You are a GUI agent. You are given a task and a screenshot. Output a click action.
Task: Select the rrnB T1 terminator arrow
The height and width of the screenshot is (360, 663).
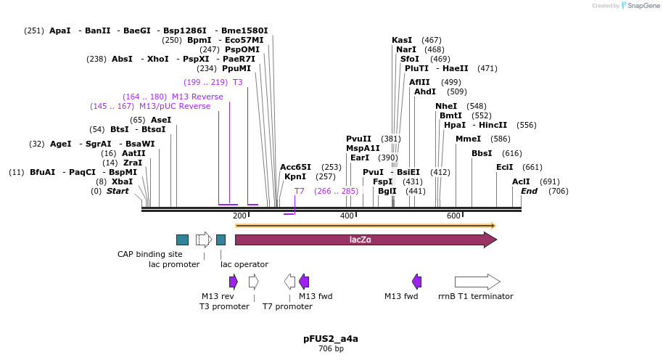click(x=477, y=282)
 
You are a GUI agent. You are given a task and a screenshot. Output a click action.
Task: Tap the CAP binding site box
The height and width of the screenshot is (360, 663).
click(x=182, y=240)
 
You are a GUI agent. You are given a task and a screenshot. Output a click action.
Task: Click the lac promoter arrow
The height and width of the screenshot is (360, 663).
click(x=204, y=240)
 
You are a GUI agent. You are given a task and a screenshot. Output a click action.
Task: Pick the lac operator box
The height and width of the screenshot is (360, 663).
click(x=221, y=240)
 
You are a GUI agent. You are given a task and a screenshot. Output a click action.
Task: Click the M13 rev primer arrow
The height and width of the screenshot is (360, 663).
click(x=234, y=282)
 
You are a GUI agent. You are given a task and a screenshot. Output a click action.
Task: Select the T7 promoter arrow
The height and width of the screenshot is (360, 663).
click(x=289, y=282)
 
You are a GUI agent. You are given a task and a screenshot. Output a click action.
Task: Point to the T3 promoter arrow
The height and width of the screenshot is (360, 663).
click(x=253, y=282)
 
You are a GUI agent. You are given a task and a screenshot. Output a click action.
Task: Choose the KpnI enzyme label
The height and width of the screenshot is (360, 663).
click(x=295, y=176)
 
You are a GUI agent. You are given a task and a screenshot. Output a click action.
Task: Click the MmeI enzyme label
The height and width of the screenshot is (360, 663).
click(x=468, y=139)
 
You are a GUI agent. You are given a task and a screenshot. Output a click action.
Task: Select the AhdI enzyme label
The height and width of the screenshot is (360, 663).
click(x=425, y=91)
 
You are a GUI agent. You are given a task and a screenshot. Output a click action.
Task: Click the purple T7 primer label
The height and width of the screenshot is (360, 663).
click(x=299, y=191)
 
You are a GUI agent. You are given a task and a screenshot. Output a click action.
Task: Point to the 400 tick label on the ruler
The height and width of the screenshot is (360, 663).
click(x=347, y=216)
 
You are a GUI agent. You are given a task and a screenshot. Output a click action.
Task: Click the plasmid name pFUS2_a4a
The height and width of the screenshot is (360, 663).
click(x=331, y=338)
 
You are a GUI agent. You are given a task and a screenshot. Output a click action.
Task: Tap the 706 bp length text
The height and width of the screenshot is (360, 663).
click(x=331, y=349)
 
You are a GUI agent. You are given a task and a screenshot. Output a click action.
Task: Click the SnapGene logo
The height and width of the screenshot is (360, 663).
click(x=638, y=6)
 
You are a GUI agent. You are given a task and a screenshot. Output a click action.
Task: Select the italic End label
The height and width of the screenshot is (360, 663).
click(x=529, y=191)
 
